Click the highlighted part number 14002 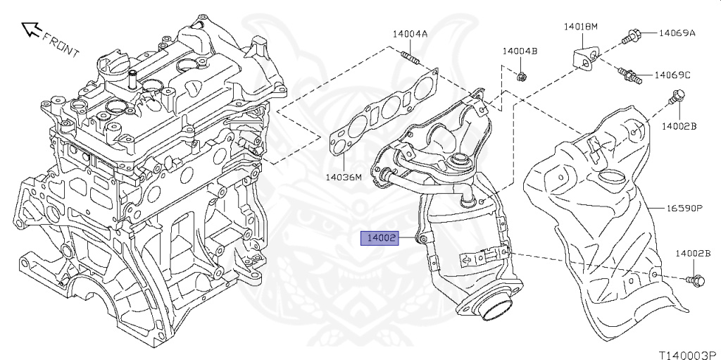coord(380,238)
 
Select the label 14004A coord(410,34)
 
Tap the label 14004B coord(520,51)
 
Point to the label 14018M coord(581,26)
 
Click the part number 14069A coord(677,32)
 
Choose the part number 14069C coord(672,75)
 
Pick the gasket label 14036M coord(344,176)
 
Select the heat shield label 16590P coord(684,208)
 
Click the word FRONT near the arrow coord(61,44)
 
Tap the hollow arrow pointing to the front coord(32,29)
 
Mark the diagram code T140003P coord(689,355)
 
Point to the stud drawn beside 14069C coord(629,75)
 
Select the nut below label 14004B coord(522,77)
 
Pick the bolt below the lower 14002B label coord(695,280)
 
